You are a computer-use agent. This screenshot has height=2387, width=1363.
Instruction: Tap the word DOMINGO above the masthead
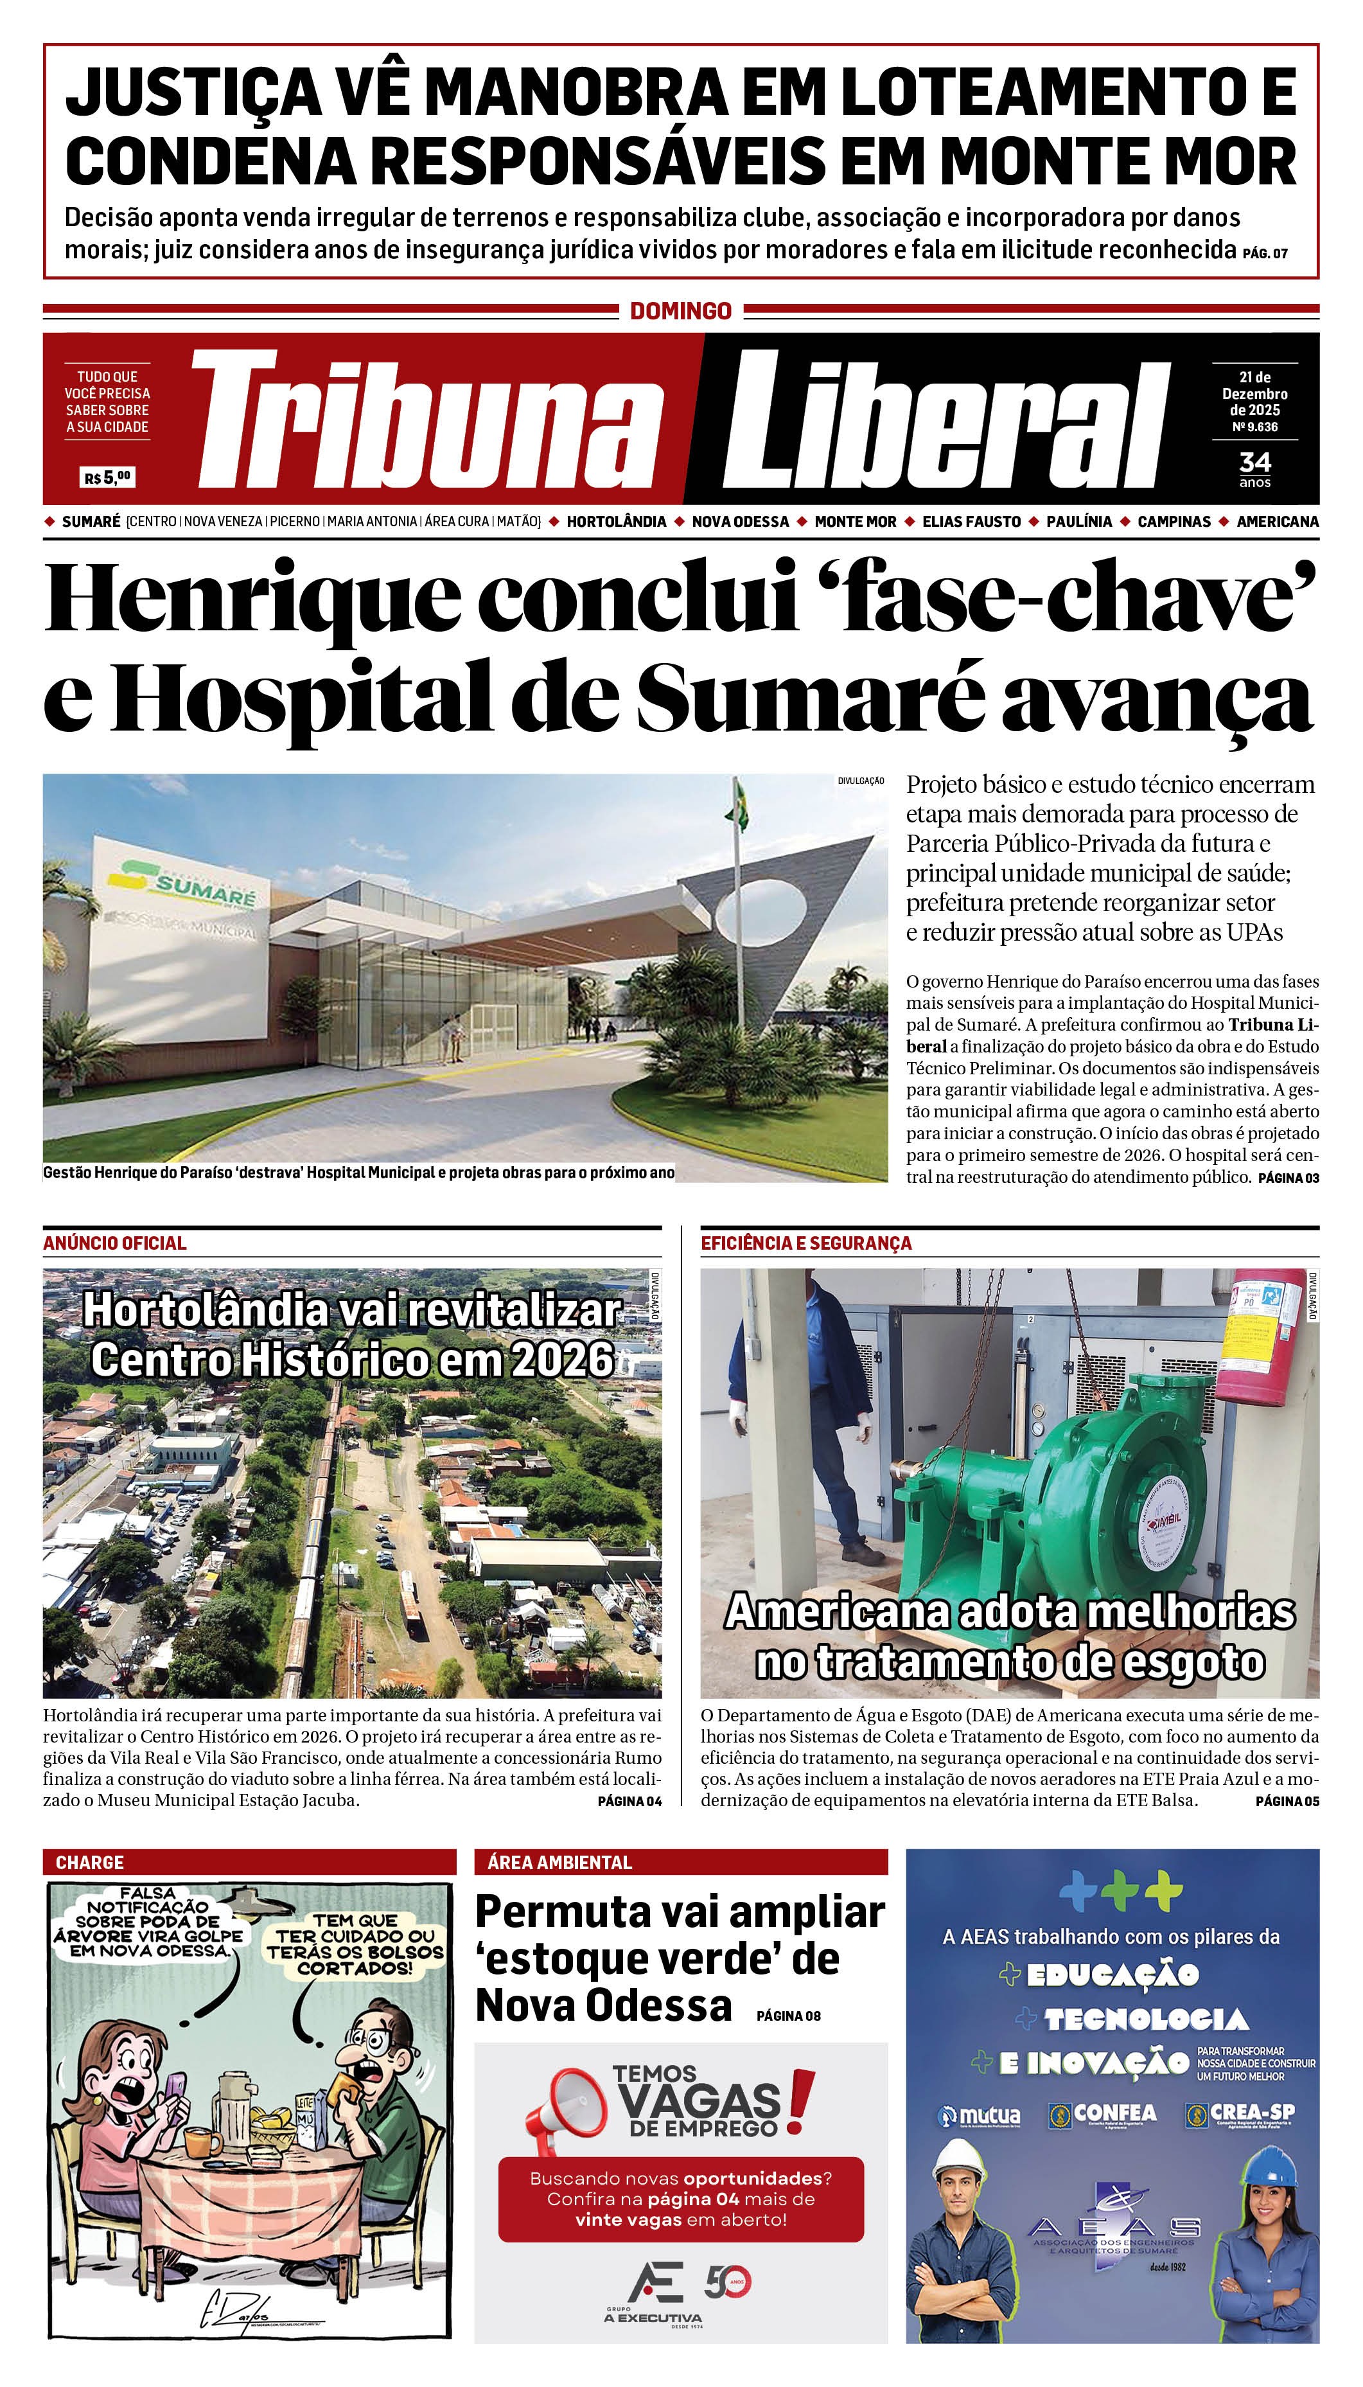(681, 311)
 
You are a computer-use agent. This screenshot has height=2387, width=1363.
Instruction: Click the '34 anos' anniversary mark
(1254, 468)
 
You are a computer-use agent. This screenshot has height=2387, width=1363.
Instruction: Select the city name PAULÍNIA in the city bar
(1079, 522)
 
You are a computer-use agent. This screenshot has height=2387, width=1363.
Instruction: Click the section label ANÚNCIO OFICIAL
(114, 1243)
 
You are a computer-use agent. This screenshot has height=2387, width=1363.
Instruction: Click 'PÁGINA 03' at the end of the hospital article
(1288, 1178)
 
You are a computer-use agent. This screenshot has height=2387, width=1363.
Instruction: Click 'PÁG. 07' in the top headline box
(1265, 253)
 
